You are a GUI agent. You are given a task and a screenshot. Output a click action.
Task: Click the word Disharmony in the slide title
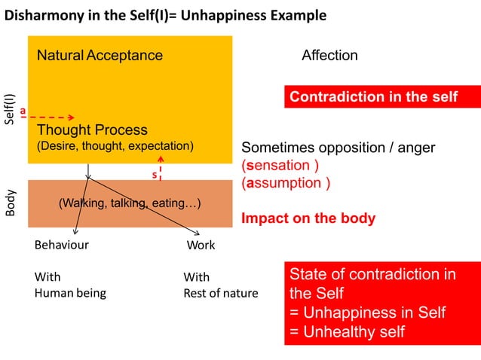[x=44, y=16]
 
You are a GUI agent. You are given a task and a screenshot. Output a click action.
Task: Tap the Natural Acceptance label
[x=100, y=56]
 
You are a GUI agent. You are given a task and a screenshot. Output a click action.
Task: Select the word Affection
[x=329, y=56]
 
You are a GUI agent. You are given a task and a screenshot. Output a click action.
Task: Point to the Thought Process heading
[x=92, y=130]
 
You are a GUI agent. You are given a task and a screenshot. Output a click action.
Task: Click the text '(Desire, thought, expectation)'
[x=115, y=145]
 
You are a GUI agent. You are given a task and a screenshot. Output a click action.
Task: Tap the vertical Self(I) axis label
[x=10, y=109]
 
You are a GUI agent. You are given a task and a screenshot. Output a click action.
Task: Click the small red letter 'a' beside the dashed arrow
[x=23, y=111]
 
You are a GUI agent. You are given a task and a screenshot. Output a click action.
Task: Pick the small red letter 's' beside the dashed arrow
[x=154, y=175]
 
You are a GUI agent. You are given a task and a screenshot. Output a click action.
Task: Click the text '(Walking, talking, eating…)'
[x=130, y=203]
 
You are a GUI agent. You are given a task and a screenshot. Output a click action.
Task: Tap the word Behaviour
[x=62, y=245]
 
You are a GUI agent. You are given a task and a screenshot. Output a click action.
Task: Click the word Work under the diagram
[x=201, y=245]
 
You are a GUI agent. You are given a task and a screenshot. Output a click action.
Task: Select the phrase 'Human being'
[x=70, y=293]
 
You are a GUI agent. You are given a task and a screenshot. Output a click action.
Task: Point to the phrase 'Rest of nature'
[x=220, y=293]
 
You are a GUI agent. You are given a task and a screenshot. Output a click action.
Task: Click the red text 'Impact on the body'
[x=308, y=219]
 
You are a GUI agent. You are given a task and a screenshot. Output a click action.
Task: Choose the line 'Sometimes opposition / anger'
[x=338, y=148]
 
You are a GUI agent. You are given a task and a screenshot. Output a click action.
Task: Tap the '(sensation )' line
[x=280, y=165]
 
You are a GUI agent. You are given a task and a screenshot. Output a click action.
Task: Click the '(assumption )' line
[x=285, y=182]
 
